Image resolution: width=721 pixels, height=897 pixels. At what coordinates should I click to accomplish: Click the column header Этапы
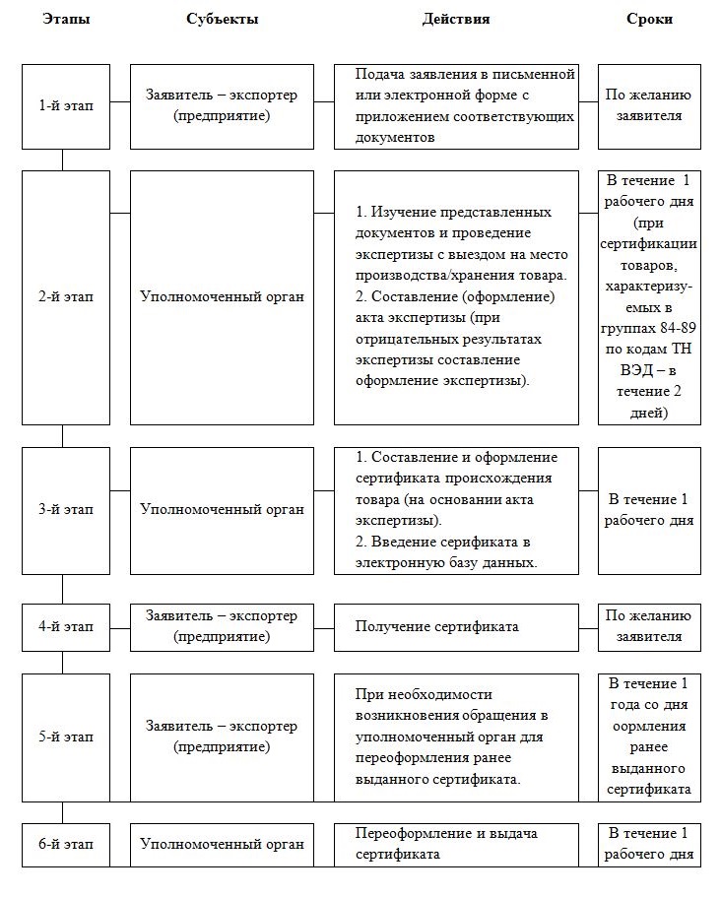tap(66, 20)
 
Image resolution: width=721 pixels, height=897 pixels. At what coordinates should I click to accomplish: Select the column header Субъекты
tap(222, 20)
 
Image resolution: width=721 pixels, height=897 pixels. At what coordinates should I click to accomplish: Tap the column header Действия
tap(455, 20)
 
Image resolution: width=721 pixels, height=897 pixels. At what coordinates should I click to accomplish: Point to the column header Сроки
tap(649, 20)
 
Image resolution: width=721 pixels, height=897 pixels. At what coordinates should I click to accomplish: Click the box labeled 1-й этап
tap(66, 106)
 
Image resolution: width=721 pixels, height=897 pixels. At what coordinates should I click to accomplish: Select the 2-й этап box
tap(66, 296)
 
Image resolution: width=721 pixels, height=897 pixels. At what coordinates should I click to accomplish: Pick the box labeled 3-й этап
tap(66, 510)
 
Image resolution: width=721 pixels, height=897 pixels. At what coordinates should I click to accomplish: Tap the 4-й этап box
tap(66, 626)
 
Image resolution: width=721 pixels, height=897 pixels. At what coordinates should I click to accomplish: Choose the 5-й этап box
tap(66, 737)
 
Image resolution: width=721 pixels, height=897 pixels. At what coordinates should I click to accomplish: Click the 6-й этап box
tap(66, 844)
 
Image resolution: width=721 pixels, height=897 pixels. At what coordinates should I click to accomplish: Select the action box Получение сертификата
tap(455, 626)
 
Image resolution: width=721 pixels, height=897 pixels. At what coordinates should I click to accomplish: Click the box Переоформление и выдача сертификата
tap(455, 844)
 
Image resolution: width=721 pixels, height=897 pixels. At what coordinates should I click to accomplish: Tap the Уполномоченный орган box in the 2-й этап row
tap(222, 296)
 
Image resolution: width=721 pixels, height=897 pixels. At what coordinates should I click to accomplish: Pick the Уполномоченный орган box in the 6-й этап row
tap(222, 844)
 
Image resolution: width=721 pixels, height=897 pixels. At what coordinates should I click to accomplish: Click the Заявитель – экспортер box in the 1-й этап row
tap(222, 106)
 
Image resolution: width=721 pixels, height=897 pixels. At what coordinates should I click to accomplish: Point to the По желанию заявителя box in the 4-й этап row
tap(649, 626)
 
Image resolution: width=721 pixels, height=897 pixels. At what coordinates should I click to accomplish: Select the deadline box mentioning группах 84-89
tap(649, 296)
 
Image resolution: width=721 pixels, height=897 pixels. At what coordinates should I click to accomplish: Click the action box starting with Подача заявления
tap(455, 106)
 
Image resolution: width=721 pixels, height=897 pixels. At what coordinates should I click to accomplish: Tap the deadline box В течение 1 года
tap(649, 737)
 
